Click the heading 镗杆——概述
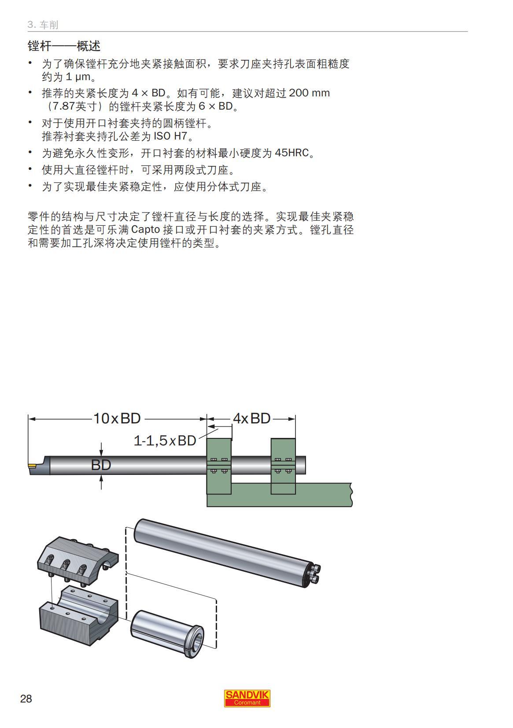click(x=64, y=46)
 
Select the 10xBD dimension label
click(x=117, y=418)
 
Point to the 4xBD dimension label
click(x=251, y=418)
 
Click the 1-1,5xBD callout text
click(x=165, y=441)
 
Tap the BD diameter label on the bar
click(x=101, y=465)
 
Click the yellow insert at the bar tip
click(x=33, y=465)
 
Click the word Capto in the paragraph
click(x=145, y=230)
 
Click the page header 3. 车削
click(x=43, y=25)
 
